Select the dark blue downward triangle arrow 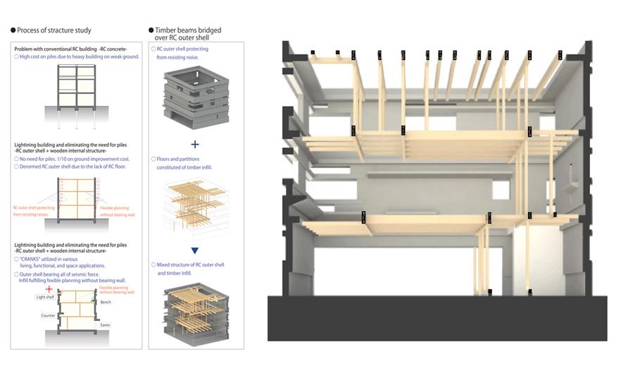pyautogui.click(x=195, y=250)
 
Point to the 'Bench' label pyautogui.click(x=106, y=302)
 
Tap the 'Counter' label pyautogui.click(x=49, y=316)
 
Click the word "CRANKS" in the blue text pyautogui.click(x=32, y=259)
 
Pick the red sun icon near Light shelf pyautogui.click(x=48, y=289)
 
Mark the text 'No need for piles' pyautogui.click(x=43, y=159)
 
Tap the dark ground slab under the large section pyautogui.click(x=437, y=317)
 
